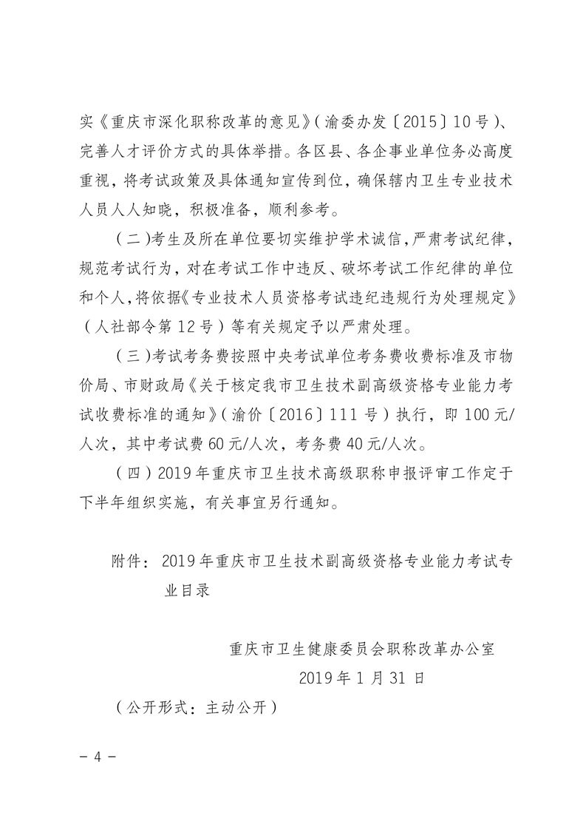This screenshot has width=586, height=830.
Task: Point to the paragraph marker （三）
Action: [x=133, y=354]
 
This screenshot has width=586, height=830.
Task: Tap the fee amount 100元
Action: [x=482, y=414]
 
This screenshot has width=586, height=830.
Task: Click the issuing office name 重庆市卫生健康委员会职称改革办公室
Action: [x=361, y=648]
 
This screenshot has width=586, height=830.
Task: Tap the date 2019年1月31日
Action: [x=361, y=678]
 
